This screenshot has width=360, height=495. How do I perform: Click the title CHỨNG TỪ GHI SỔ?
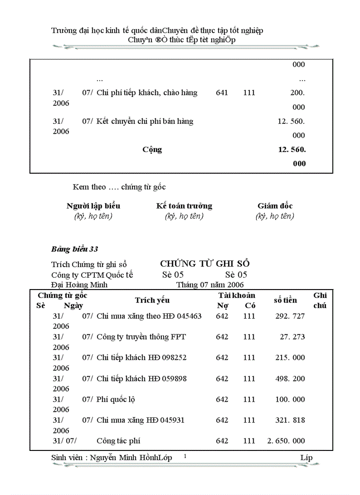click(x=205, y=264)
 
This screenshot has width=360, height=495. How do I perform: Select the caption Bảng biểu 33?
click(x=75, y=249)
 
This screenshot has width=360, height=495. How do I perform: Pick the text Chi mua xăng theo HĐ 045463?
click(x=149, y=316)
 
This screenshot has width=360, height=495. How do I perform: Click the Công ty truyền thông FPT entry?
click(x=141, y=337)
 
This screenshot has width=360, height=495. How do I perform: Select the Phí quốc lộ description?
click(x=116, y=399)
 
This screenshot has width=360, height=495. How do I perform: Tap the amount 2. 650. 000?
click(x=286, y=441)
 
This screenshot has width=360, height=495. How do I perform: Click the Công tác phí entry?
click(x=119, y=441)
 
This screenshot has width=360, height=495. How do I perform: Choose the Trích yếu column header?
click(x=152, y=300)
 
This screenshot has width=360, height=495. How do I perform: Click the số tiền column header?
click(x=285, y=300)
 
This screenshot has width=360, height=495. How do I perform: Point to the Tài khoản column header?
click(x=236, y=295)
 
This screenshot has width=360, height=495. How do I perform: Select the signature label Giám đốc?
click(x=275, y=206)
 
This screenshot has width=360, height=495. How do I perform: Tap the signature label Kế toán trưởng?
click(x=184, y=206)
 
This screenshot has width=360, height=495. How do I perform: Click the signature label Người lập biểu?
click(x=93, y=206)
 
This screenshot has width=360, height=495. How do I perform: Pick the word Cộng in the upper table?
click(x=152, y=149)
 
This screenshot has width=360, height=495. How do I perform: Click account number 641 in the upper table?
click(x=222, y=93)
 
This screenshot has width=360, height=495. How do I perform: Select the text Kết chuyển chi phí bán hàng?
click(x=145, y=121)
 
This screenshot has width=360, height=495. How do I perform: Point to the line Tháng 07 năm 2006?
click(x=210, y=285)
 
